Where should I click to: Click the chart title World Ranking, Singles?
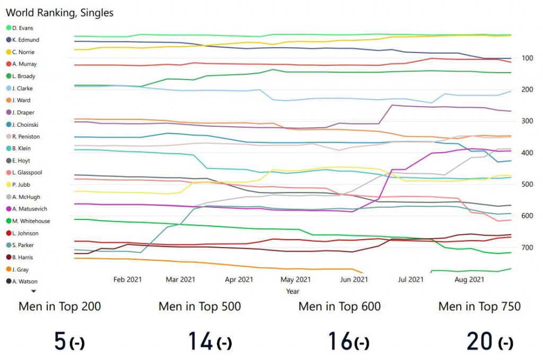coord(59,12)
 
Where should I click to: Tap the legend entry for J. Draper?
coord(24,112)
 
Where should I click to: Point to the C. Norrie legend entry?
coord(23,52)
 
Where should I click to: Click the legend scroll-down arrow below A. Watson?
coord(33,291)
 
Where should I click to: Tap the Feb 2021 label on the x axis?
coord(127,279)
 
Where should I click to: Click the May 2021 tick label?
coord(295,279)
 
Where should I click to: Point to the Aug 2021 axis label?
coord(469,279)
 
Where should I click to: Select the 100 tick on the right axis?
coord(527,58)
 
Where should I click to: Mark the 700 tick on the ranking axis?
coord(527,248)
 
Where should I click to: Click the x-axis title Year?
coord(293,291)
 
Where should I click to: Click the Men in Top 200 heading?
coord(60,306)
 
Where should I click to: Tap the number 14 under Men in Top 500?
coord(200,341)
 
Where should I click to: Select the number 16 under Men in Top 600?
coord(340,341)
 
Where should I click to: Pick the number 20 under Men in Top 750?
coord(480,341)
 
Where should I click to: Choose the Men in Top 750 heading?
coord(479,306)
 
